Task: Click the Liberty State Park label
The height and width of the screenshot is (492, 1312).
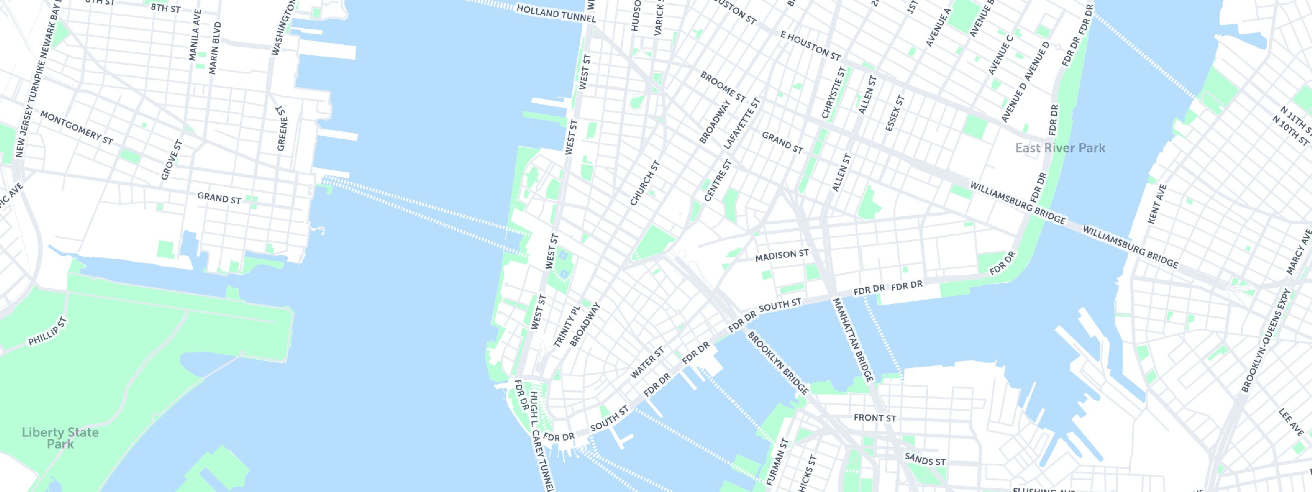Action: coord(60,438)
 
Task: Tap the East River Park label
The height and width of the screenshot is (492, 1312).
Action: coord(1060,148)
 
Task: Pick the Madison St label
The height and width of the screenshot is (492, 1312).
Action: coord(781,255)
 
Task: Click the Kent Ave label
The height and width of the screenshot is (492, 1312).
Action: coord(1157,204)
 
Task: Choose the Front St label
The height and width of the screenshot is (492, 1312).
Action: coord(875,418)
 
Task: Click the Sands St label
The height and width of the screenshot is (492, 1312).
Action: coord(925,459)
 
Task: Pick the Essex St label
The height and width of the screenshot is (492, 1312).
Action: coord(894,114)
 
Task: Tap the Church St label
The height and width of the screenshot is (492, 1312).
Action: coord(645,183)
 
